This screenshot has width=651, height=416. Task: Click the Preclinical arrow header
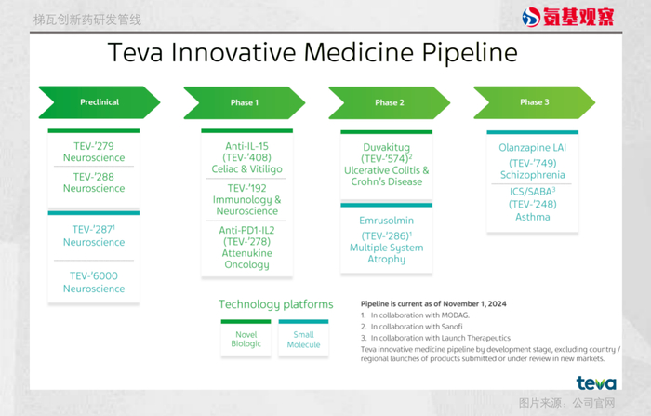[x=100, y=102]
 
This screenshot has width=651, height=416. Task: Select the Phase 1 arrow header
[x=244, y=102]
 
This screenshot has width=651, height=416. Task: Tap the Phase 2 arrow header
[x=390, y=102]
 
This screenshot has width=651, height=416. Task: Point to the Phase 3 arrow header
[x=535, y=102]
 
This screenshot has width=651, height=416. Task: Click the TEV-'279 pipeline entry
[x=94, y=152]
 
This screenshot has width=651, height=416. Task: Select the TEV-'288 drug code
[x=93, y=177]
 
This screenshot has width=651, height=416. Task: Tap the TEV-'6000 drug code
[x=94, y=275]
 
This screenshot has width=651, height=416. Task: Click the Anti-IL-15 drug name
[x=246, y=146]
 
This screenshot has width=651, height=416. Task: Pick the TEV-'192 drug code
[x=246, y=188]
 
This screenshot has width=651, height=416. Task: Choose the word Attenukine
[x=247, y=253]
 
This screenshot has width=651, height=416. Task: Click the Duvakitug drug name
[x=387, y=147]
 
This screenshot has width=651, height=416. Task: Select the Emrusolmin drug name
[x=387, y=221]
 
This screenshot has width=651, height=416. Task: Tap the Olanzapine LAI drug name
[x=532, y=148]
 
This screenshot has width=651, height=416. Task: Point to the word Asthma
[x=533, y=217]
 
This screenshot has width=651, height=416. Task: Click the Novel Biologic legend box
[x=246, y=338]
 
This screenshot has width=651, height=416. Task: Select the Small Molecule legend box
[x=303, y=338]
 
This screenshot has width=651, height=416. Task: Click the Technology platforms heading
[x=276, y=304]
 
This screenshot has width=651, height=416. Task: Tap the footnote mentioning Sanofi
[x=411, y=327]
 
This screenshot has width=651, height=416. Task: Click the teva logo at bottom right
[x=596, y=382]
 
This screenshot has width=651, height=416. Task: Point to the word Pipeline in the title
[x=470, y=53]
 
